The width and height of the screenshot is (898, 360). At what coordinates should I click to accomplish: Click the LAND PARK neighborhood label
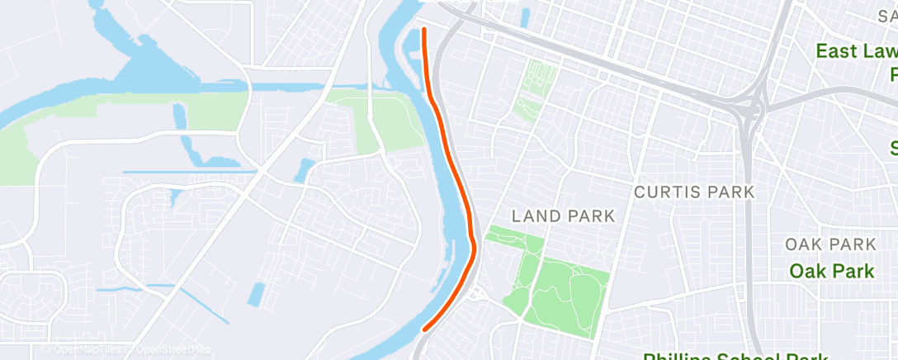click(563, 216)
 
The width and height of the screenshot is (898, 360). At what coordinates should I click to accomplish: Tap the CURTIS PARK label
click(694, 192)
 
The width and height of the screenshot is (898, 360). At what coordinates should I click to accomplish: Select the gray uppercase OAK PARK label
click(829, 245)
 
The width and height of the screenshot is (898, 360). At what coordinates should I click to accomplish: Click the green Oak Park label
click(831, 271)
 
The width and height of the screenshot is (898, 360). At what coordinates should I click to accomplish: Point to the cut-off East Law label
click(856, 51)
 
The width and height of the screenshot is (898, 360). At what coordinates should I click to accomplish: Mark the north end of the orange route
click(424, 30)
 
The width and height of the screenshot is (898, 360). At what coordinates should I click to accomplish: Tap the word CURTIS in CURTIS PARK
click(664, 192)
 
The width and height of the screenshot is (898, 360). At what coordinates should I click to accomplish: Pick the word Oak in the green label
click(806, 271)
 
